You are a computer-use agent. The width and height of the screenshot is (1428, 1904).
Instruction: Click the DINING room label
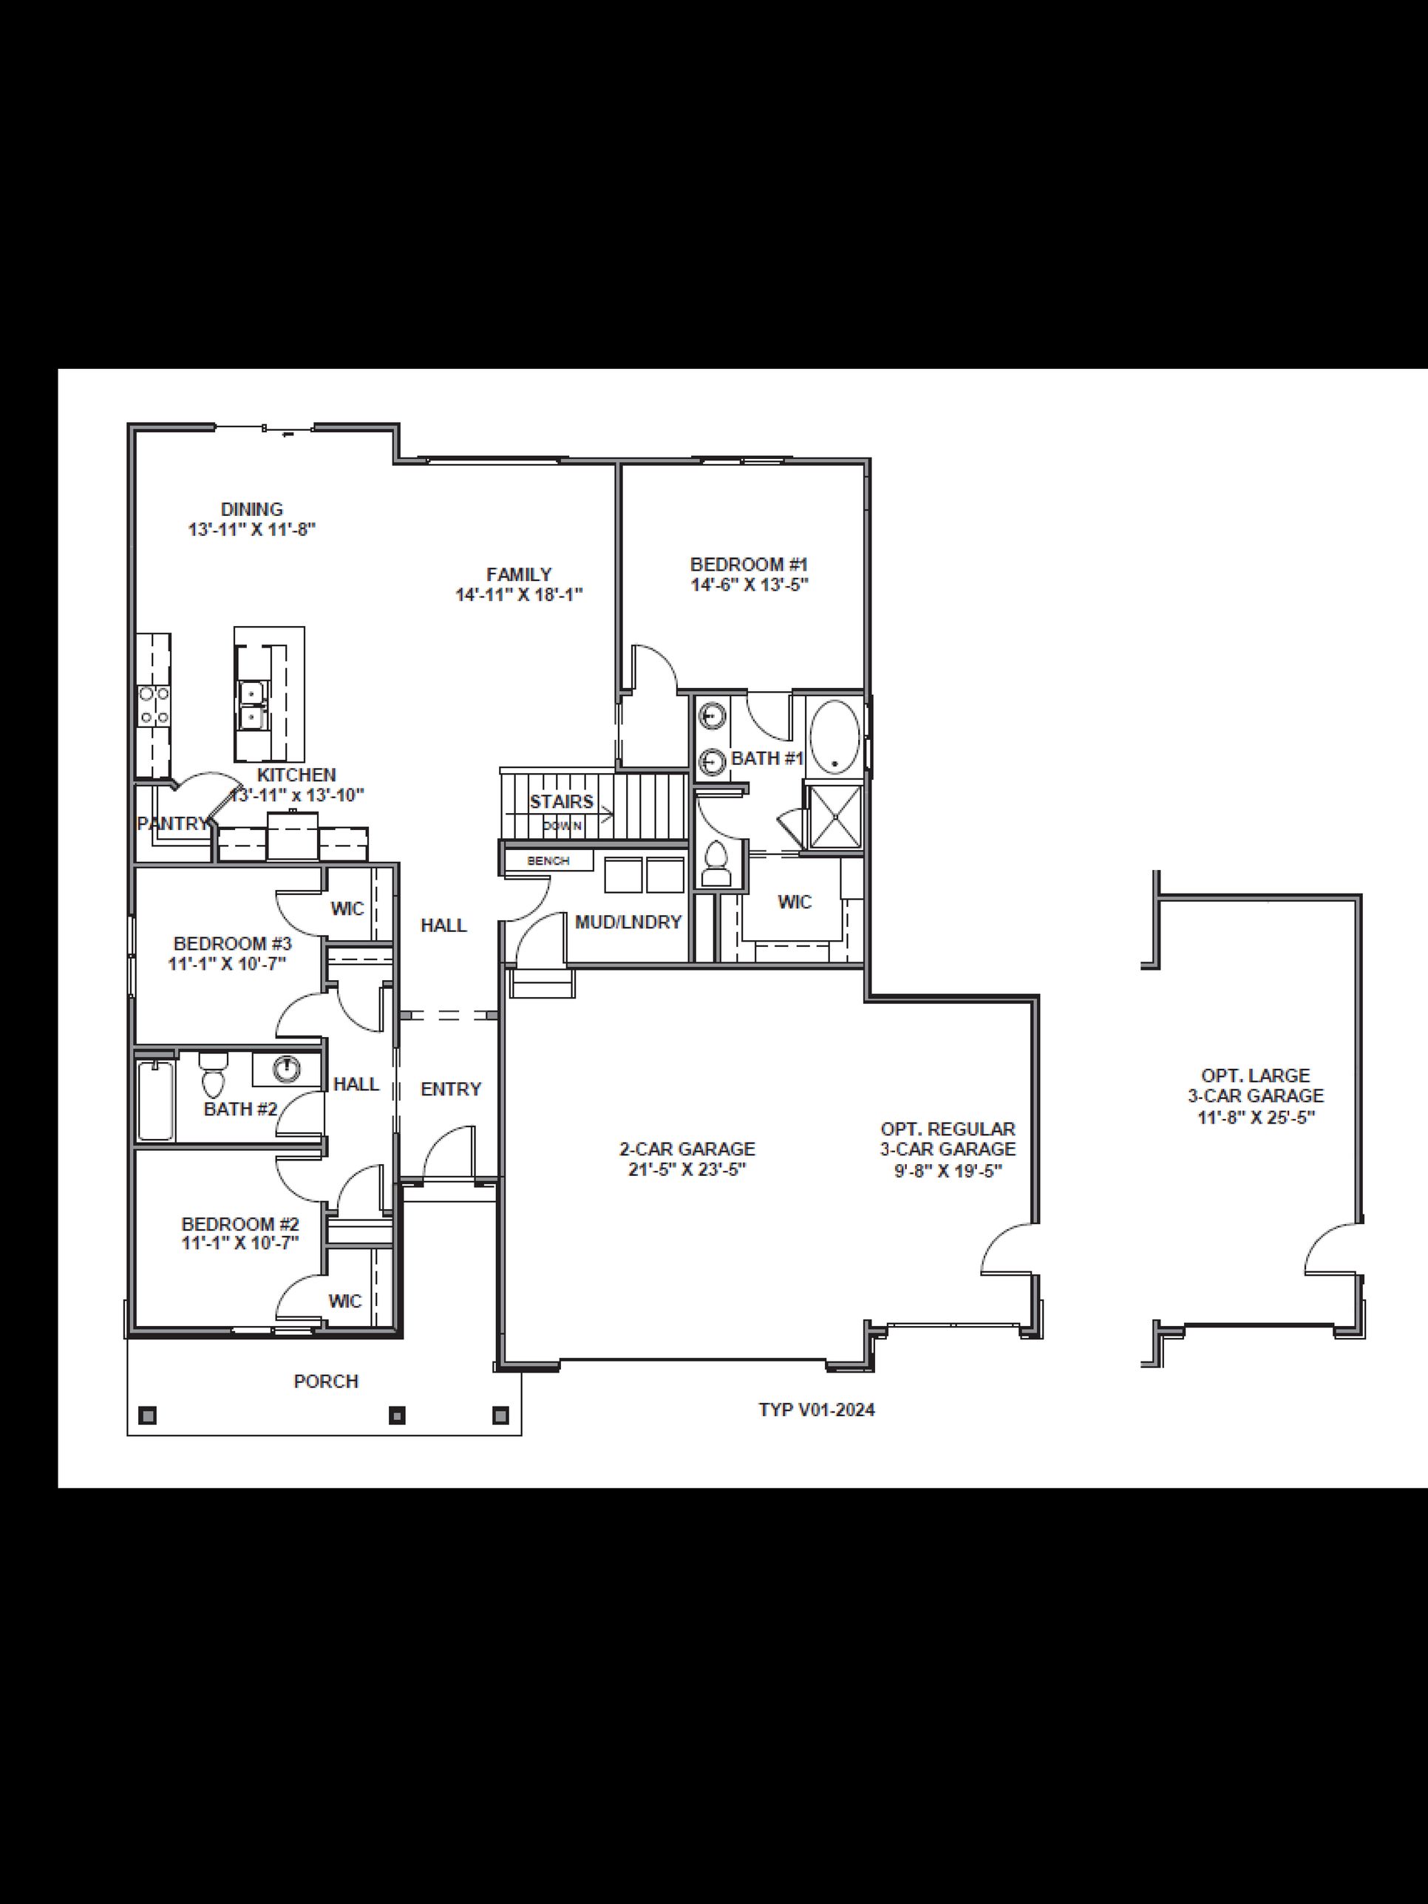[x=251, y=509]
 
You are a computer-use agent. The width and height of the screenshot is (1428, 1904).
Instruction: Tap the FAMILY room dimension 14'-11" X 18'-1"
[x=519, y=595]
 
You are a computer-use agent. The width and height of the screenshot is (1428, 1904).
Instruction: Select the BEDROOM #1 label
[x=749, y=565]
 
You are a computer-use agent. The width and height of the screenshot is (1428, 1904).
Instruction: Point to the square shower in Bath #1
[x=833, y=815]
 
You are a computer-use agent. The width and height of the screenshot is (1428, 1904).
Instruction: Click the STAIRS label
[x=561, y=801]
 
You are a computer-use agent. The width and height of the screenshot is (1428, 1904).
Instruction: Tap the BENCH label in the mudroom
[x=548, y=860]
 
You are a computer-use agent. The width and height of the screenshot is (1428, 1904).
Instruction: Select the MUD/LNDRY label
[x=628, y=922]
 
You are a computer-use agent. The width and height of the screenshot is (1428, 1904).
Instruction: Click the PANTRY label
[x=172, y=823]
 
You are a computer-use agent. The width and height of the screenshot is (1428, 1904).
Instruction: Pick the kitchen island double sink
[x=251, y=705]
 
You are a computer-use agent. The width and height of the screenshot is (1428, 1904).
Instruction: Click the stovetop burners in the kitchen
[x=154, y=704]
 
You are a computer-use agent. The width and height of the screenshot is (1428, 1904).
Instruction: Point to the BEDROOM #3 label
[x=232, y=943]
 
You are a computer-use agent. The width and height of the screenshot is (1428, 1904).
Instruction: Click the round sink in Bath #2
[x=286, y=1069]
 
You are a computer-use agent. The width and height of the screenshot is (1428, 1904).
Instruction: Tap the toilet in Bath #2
[x=211, y=1075]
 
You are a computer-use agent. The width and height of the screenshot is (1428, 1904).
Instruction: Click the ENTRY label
[x=450, y=1089]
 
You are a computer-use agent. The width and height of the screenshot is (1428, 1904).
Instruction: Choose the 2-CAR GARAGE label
[x=687, y=1149]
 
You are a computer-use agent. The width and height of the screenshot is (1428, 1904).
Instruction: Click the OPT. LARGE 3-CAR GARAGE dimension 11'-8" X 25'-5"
[x=1256, y=1118]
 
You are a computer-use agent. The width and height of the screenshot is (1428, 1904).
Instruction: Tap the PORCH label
[x=325, y=1381]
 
